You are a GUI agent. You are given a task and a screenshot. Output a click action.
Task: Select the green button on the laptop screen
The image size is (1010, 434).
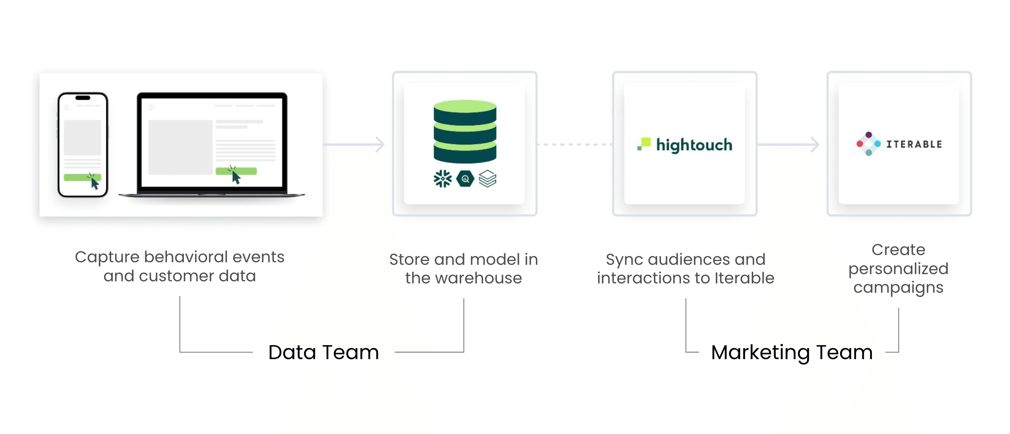236,171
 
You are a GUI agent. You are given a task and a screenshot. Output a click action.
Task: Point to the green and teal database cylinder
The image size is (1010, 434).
465,132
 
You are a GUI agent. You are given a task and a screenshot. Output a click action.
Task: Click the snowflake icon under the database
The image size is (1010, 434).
442,179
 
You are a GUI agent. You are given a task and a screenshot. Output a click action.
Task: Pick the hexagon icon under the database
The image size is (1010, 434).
465,179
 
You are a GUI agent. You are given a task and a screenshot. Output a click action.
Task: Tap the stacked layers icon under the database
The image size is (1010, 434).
488,179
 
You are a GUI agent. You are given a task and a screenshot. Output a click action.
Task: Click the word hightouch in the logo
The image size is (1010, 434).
694,145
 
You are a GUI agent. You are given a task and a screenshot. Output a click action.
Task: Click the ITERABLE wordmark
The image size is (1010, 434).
914,144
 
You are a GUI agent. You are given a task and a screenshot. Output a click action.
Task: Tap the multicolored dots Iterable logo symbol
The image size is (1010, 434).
868,144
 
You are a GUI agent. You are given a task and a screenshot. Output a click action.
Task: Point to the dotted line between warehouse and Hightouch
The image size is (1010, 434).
575,145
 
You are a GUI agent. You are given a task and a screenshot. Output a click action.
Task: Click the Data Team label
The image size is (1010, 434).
324,352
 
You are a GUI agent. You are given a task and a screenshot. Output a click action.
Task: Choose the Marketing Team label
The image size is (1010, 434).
792,352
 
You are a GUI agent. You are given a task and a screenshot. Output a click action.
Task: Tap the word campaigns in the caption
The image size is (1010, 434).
898,288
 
